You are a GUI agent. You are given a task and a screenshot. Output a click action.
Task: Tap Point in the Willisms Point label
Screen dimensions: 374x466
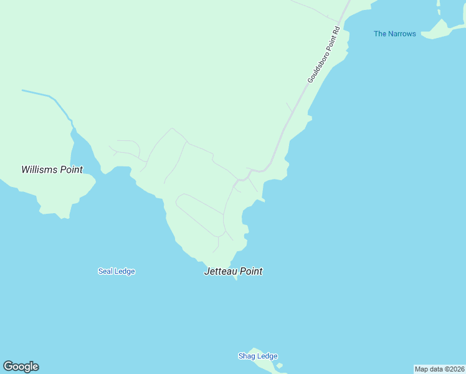tap(71, 170)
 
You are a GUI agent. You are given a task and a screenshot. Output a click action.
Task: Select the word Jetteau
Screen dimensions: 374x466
tap(221, 271)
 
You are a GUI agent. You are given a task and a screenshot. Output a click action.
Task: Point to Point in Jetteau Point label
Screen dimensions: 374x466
tap(251, 271)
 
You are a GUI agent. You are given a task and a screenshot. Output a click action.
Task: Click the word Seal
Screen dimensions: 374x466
tap(105, 271)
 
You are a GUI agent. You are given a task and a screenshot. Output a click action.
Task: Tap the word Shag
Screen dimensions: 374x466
tap(247, 356)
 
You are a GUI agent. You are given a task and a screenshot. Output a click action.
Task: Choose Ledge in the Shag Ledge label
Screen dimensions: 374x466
tap(267, 356)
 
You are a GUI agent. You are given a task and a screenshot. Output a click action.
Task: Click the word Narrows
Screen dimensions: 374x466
tap(402, 34)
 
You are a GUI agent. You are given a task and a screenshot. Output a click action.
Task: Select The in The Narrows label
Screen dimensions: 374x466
tap(380, 34)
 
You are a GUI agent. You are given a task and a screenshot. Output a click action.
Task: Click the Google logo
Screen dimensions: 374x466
tap(21, 367)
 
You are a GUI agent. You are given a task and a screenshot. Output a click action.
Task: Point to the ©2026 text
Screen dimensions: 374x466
tap(453, 369)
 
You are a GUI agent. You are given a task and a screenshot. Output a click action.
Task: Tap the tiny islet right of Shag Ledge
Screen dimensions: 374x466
tap(280, 365)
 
